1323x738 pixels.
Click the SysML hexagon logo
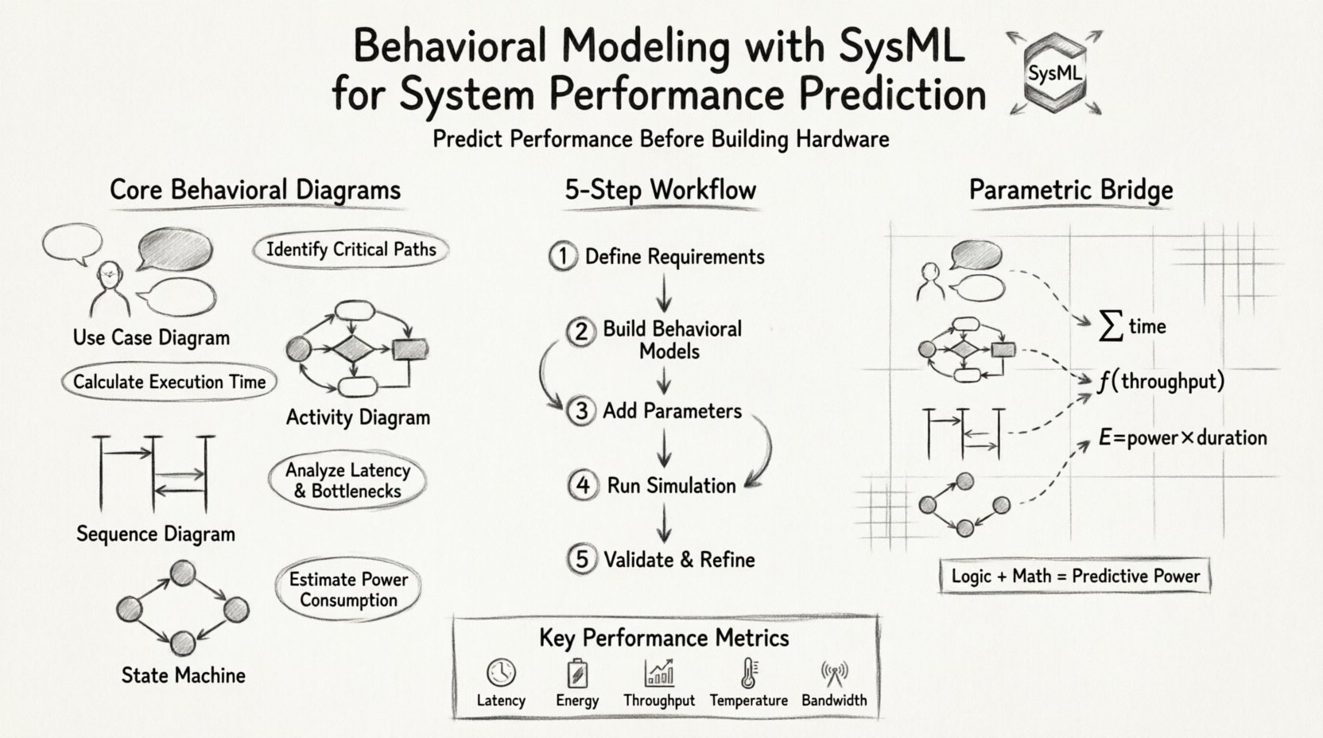[1054, 73]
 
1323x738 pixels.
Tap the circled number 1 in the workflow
[563, 256]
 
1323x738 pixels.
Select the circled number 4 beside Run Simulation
[583, 485]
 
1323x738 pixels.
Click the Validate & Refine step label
[679, 560]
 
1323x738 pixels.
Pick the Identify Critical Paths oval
[351, 250]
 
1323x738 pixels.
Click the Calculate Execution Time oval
[169, 382]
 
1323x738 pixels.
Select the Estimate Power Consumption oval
[348, 590]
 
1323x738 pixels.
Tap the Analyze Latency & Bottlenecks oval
[348, 480]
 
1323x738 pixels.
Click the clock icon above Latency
[501, 673]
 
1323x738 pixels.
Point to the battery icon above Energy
[577, 674]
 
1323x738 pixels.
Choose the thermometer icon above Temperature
[748, 673]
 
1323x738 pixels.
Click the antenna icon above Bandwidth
[834, 674]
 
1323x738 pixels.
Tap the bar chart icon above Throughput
[659, 673]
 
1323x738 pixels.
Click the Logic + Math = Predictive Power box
[1075, 576]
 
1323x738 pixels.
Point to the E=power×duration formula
[1182, 437]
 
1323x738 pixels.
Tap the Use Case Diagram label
[151, 337]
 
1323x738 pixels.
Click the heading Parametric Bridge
[1071, 190]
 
